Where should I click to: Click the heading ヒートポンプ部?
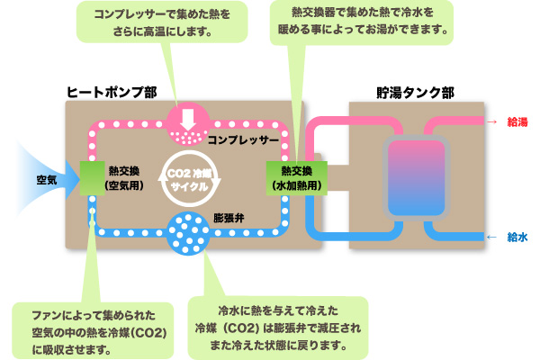coord(106,91)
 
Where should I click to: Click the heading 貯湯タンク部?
coord(415,91)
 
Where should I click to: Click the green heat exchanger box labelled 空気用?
coord(93,178)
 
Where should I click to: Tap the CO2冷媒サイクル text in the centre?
coord(189,177)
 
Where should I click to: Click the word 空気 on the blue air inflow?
coord(47,180)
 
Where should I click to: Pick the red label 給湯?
coord(517,120)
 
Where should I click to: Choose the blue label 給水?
coord(517,237)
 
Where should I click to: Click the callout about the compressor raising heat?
coord(167,24)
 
